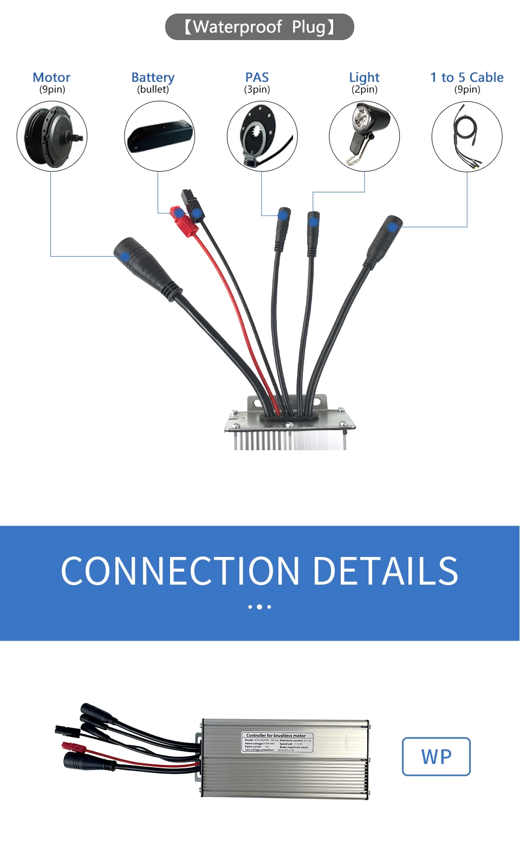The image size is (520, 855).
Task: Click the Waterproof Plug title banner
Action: [x=259, y=27]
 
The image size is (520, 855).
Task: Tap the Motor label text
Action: [x=51, y=77]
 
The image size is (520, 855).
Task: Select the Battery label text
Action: [x=153, y=77]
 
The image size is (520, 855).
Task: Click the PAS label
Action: [x=257, y=77]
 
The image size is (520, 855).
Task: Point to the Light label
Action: [x=364, y=77]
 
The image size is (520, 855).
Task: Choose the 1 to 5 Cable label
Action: [x=467, y=77]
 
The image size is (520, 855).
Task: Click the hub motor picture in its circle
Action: [x=52, y=137]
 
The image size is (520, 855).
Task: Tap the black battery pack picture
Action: [x=159, y=137]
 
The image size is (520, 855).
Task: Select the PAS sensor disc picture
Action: [x=262, y=137]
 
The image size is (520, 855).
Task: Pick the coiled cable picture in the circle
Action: [x=467, y=137]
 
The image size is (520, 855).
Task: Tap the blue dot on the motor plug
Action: [x=125, y=256]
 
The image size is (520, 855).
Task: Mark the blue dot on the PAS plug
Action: [x=282, y=216]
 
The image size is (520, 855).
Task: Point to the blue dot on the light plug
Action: [x=313, y=221]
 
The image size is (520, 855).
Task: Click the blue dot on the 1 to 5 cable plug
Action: [x=392, y=226]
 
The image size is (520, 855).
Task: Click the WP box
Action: [x=436, y=756]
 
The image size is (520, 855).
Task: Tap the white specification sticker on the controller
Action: [x=276, y=742]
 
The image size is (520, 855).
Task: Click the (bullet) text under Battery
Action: [x=153, y=90]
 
